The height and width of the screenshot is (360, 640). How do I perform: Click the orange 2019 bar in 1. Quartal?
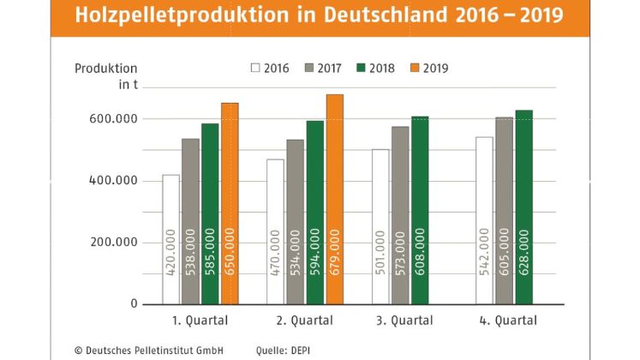pos(230,204)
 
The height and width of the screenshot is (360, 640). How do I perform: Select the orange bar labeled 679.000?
pos(334,199)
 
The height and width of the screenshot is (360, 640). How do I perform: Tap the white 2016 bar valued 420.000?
pos(171,239)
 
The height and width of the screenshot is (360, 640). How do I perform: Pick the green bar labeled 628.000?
pos(523,207)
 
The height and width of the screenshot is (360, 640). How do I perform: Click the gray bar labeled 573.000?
pos(400,215)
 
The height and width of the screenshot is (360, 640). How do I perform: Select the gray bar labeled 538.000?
pos(191,221)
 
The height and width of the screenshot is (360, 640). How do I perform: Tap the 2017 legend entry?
pos(325,68)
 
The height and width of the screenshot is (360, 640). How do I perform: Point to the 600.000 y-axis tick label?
pos(114,118)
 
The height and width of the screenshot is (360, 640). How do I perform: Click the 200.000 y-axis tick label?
pos(114,242)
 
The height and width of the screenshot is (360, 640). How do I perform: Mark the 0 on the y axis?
pos(134,303)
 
